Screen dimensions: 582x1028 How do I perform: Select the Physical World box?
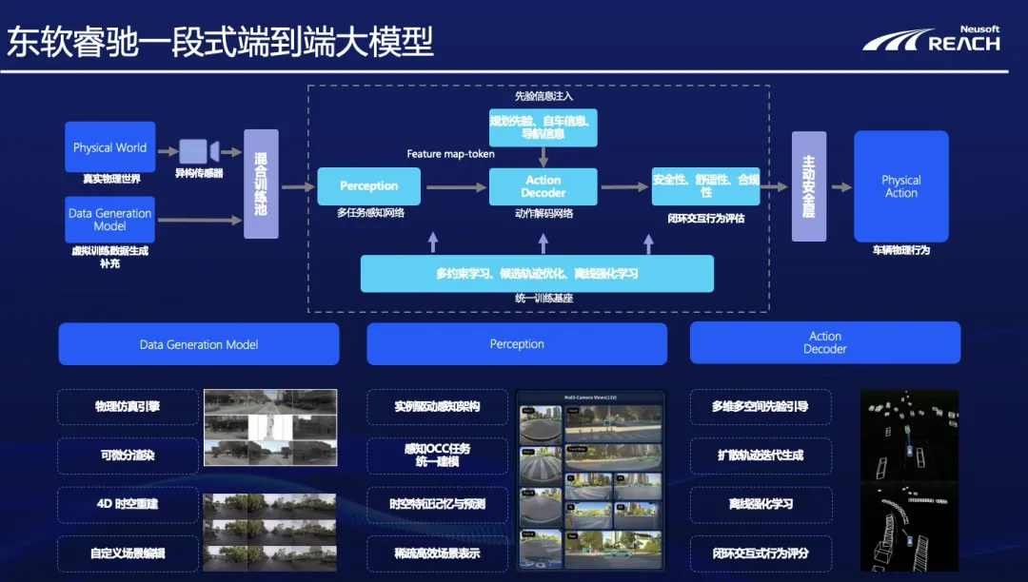point(109,147)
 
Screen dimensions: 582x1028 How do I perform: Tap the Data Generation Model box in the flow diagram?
point(109,220)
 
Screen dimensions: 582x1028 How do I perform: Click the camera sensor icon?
point(199,150)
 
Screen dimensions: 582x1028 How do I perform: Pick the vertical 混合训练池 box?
point(261,184)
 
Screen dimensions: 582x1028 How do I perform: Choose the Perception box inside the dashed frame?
point(368,186)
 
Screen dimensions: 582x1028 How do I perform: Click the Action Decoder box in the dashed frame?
point(543,186)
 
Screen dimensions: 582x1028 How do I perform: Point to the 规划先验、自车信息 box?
point(543,127)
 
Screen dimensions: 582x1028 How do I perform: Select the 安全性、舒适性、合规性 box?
point(705,186)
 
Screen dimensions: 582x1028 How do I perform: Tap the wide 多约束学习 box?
point(537,274)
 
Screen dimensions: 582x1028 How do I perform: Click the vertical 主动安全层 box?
point(809,186)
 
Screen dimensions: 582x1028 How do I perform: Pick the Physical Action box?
point(900,186)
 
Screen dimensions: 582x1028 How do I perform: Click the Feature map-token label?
point(450,154)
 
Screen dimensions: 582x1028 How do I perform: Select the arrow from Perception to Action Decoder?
point(456,187)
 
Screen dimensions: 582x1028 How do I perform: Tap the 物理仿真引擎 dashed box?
point(128,407)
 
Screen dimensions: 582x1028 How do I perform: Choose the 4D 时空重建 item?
point(128,504)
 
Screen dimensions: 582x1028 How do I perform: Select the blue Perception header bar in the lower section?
point(517,344)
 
